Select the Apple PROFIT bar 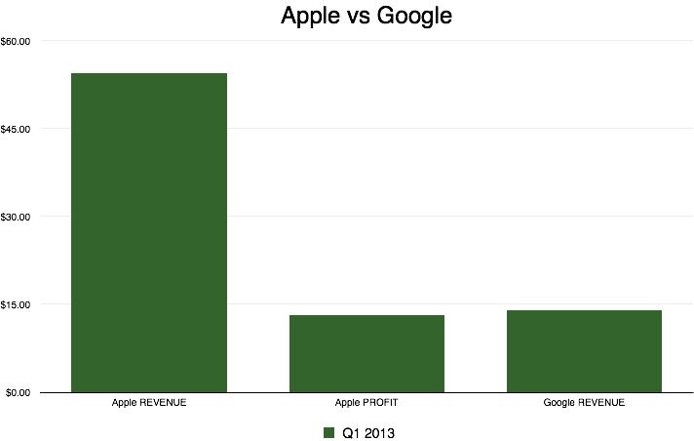pyautogui.click(x=366, y=353)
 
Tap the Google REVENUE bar pyautogui.click(x=584, y=351)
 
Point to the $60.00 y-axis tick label pyautogui.click(x=17, y=41)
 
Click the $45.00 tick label pyautogui.click(x=17, y=129)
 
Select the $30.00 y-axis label pyautogui.click(x=17, y=217)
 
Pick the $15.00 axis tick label pyautogui.click(x=17, y=304)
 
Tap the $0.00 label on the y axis pyautogui.click(x=19, y=392)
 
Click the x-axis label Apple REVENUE pyautogui.click(x=149, y=403)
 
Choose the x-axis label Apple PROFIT pyautogui.click(x=366, y=403)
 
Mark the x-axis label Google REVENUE pyautogui.click(x=584, y=403)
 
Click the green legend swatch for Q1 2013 pyautogui.click(x=328, y=431)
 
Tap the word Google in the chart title pyautogui.click(x=416, y=18)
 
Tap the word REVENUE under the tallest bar pyautogui.click(x=163, y=403)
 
